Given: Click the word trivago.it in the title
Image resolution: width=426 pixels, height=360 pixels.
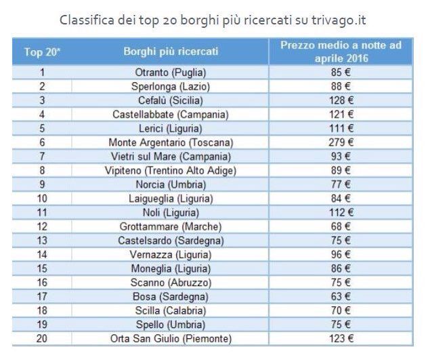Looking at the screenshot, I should click(334, 18).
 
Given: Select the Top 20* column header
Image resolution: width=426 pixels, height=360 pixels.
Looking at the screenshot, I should click(42, 52).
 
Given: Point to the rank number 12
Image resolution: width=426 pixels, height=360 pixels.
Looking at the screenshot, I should click(42, 226).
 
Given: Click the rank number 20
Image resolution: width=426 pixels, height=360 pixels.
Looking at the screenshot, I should click(42, 338).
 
